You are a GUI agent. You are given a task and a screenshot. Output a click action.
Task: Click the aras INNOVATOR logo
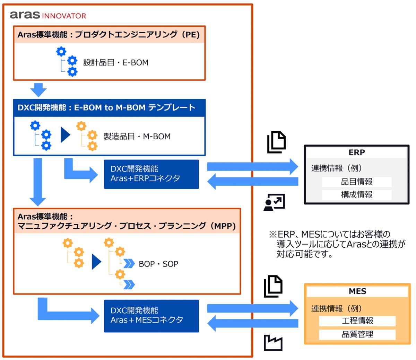pyautogui.click(x=48, y=15)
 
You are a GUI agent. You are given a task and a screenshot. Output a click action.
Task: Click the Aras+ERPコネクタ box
pyautogui.click(x=151, y=174)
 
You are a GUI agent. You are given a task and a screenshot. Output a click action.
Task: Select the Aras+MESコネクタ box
pyautogui.click(x=151, y=316)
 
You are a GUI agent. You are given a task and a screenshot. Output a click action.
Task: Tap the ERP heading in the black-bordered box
pyautogui.click(x=356, y=152)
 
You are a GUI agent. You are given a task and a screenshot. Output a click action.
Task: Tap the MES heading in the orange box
pyautogui.click(x=357, y=291)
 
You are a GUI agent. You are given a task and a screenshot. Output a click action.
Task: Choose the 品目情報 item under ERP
pyautogui.click(x=356, y=182)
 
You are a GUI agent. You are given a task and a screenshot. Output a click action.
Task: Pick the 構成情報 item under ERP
pyautogui.click(x=356, y=194)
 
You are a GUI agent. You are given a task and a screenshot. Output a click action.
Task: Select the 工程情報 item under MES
pyautogui.click(x=357, y=321)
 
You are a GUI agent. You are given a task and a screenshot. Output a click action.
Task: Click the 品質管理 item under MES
pyautogui.click(x=357, y=334)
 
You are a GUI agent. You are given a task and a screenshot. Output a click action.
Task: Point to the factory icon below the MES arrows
pyautogui.click(x=273, y=343)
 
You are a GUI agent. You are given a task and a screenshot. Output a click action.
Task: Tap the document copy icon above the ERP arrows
pyautogui.click(x=276, y=142)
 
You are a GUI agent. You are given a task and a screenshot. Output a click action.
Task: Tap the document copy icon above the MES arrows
pyautogui.click(x=273, y=286)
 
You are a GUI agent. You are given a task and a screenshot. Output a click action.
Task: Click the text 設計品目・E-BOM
pyautogui.click(x=116, y=63)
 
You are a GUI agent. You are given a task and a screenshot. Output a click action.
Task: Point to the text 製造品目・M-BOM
pyautogui.click(x=137, y=137)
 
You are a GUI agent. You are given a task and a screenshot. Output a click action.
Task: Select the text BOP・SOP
pyautogui.click(x=158, y=264)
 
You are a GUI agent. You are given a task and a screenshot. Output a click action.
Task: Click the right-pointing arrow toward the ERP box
pyautogui.click(x=252, y=167)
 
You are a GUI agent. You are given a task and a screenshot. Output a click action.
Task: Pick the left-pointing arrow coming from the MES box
pyautogui.click(x=252, y=323)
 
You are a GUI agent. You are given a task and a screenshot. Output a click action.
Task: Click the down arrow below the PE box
pyautogui.click(x=38, y=90)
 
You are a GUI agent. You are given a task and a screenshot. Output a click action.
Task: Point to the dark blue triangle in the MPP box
pyautogui.click(x=96, y=262)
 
